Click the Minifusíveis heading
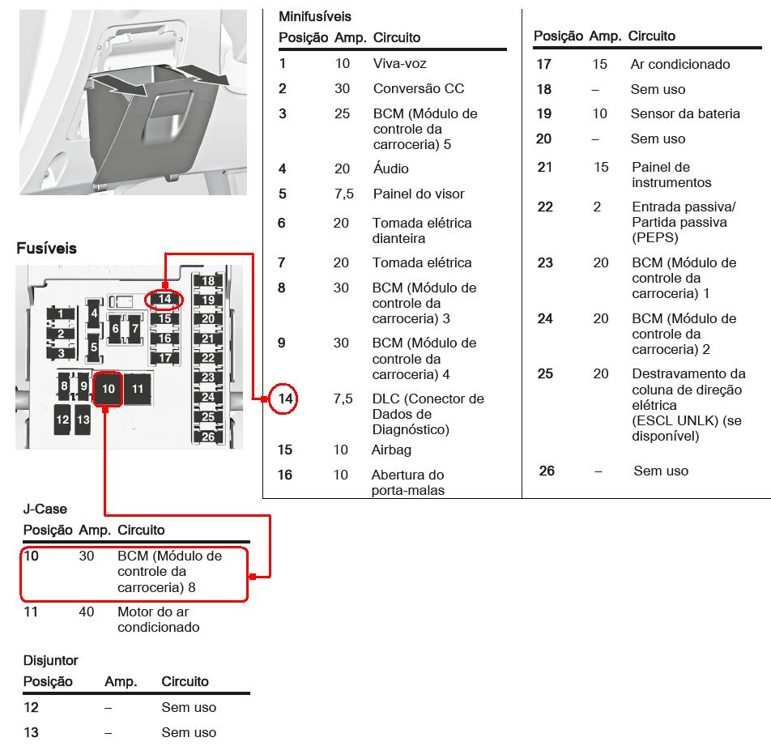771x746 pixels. [315, 16]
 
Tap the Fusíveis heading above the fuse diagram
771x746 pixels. [46, 249]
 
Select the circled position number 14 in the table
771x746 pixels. [284, 399]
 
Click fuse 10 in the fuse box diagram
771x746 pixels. [109, 390]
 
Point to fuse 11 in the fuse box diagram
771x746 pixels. [138, 390]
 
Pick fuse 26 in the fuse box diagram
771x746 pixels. [208, 437]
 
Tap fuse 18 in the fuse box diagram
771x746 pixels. [208, 282]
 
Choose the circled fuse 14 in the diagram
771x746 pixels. [164, 299]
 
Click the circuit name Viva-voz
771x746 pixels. [399, 63]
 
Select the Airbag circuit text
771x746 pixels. [390, 450]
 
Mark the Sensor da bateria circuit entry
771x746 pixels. [685, 113]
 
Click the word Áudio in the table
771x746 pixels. [390, 168]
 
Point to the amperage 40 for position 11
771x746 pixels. [87, 612]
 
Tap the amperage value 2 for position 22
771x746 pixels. [597, 207]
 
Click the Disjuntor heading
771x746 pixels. [50, 660]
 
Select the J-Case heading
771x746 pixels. [45, 509]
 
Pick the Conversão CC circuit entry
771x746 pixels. [418, 88]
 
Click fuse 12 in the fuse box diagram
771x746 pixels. [62, 420]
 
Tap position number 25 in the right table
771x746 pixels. [545, 373]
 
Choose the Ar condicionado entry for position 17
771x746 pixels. [679, 64]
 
